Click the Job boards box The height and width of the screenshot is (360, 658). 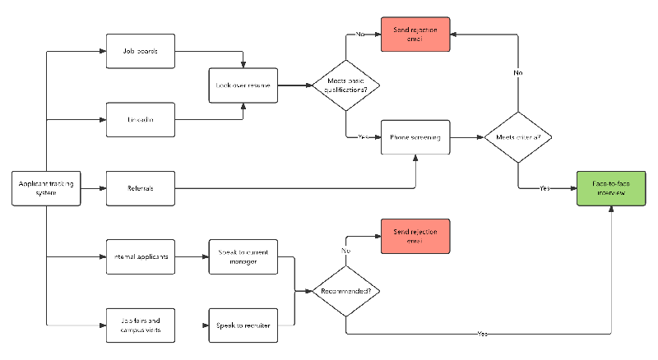point(141,51)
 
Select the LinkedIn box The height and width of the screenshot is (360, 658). point(141,120)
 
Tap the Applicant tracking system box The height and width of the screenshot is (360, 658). point(47,188)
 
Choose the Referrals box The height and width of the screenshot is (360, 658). point(141,188)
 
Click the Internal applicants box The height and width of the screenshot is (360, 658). point(141,256)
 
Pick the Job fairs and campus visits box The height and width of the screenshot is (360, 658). point(141,325)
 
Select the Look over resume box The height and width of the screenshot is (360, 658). point(242,85)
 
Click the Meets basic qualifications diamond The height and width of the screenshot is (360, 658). point(345,85)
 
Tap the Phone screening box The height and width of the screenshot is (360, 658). point(415,137)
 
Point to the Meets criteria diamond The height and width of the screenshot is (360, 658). point(518,137)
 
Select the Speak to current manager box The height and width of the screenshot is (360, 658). point(242,256)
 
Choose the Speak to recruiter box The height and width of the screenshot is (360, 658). point(242,325)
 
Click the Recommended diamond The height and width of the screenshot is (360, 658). point(345,290)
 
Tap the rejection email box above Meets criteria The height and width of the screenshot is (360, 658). point(415,35)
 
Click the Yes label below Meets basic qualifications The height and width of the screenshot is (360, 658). point(362,137)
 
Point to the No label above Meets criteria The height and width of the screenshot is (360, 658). point(518,72)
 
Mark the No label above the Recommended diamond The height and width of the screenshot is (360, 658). point(345,250)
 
